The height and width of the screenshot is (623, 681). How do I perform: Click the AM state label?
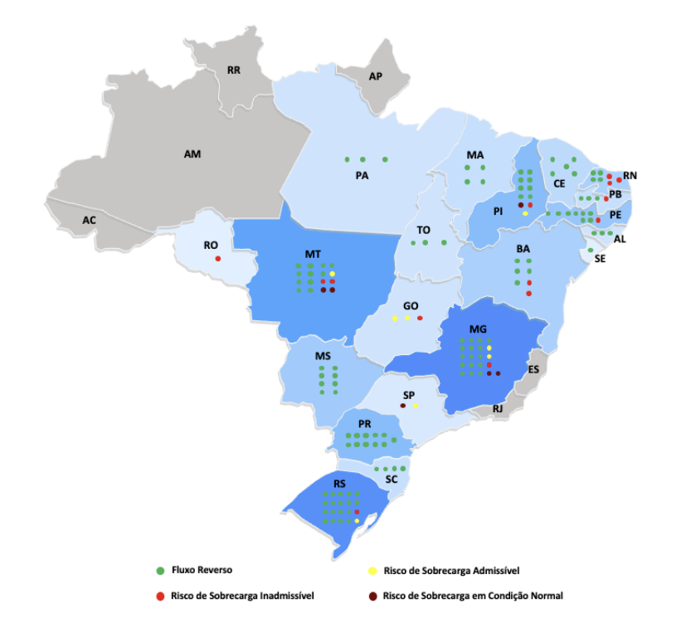point(192,153)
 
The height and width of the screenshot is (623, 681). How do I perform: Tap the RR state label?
point(234,71)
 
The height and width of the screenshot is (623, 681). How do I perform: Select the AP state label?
point(376,76)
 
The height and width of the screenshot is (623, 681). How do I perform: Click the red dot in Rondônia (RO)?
point(218,260)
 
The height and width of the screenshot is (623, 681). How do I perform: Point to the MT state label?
point(313,253)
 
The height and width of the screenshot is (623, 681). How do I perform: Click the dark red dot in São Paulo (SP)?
point(403,406)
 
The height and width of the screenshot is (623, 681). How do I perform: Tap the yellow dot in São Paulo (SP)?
point(416,406)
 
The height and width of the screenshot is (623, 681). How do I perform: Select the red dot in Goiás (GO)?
point(420,319)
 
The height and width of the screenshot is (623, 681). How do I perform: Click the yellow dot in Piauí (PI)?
point(525,213)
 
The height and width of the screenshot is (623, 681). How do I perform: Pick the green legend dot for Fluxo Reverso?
point(159,571)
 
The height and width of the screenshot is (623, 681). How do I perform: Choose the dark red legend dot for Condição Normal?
point(372,595)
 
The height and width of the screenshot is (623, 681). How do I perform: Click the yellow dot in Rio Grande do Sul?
point(357,521)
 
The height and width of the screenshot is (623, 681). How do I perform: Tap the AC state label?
point(89,221)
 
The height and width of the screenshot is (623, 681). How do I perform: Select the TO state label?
point(423,230)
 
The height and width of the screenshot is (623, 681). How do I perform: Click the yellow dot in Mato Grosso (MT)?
point(332,273)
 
